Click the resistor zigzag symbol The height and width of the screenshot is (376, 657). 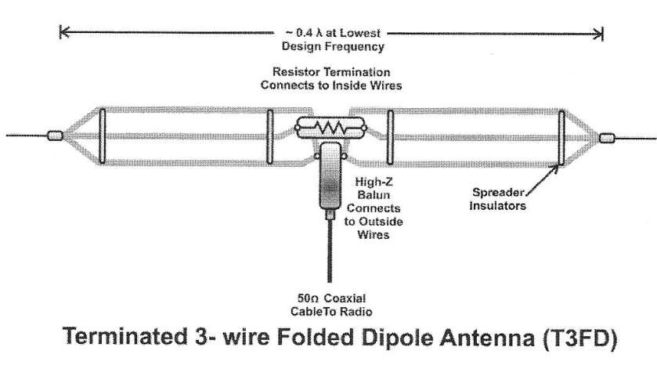[x=329, y=128]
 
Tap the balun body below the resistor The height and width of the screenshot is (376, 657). [x=329, y=179]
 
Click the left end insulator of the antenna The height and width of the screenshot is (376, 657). [x=55, y=136]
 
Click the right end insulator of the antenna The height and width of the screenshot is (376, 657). [x=608, y=139]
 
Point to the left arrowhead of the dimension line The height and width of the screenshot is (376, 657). [x=63, y=33]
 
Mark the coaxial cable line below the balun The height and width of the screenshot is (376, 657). [x=329, y=251]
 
